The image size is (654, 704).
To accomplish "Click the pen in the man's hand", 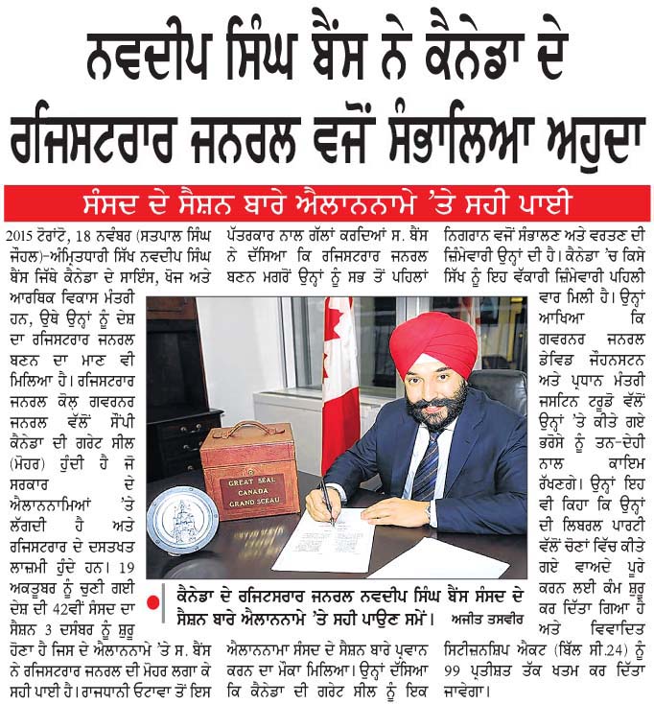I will point(326,503).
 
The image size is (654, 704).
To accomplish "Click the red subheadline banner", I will point(327,203).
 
